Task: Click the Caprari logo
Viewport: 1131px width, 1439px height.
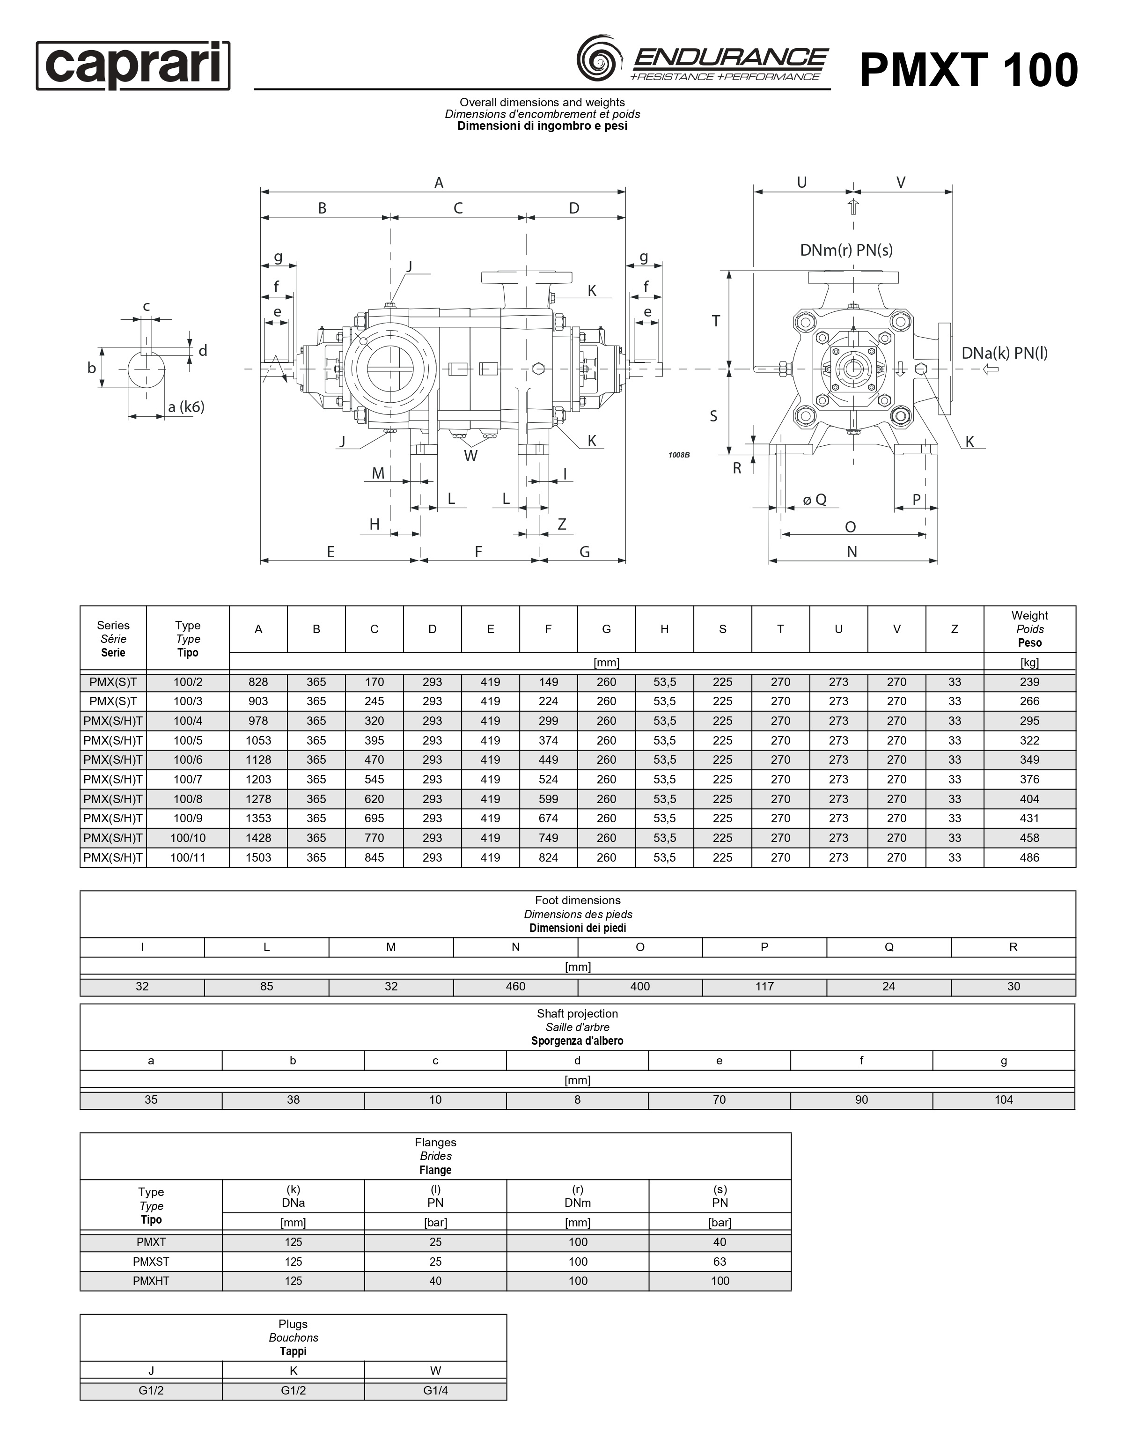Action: tap(133, 66)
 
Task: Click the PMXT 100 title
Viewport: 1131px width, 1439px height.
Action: tap(968, 70)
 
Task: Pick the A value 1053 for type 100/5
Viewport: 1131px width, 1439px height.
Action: tap(258, 740)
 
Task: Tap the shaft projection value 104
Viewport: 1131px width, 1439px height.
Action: tap(1003, 1100)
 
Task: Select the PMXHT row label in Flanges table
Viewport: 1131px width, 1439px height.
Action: tap(151, 1281)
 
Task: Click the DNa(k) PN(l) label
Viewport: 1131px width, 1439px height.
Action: tap(1004, 353)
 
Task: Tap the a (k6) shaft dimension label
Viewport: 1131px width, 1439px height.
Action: tap(185, 406)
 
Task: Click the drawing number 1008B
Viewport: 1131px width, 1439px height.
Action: tap(679, 455)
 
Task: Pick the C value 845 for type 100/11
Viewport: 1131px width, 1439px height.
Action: tap(374, 857)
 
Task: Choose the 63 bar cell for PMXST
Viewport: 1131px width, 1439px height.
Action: tap(720, 1262)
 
